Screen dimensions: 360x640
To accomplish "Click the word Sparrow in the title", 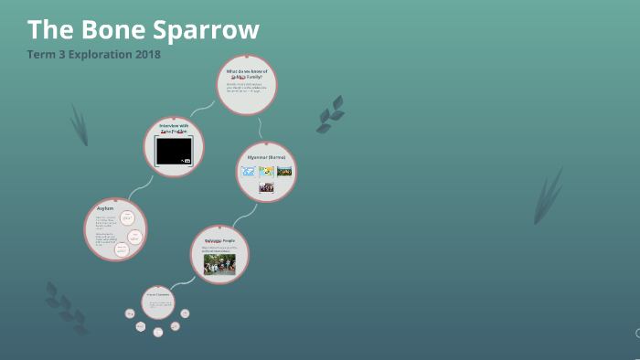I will click(208, 29).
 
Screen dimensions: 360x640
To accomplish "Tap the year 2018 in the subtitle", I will click(146, 54).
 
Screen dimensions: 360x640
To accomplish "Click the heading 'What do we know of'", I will click(247, 71).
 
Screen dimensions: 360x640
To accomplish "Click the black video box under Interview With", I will click(174, 151).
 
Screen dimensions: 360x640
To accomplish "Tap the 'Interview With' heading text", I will click(174, 125).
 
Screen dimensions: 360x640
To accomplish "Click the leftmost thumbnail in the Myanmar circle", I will click(248, 171).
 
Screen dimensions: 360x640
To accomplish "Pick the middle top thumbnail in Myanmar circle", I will click(266, 171).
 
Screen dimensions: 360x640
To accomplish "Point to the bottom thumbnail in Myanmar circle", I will click(266, 187).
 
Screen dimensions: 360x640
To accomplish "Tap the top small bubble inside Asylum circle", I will click(128, 217).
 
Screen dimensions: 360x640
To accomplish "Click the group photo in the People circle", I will click(219, 264).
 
